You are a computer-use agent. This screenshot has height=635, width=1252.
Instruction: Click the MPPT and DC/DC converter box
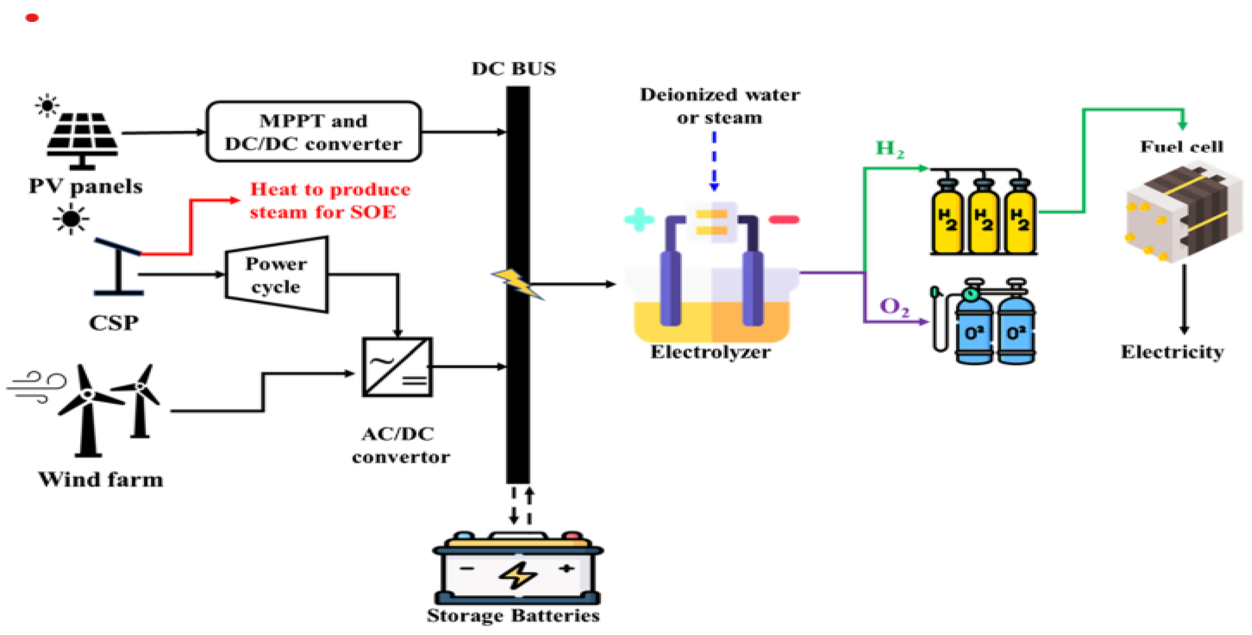(313, 131)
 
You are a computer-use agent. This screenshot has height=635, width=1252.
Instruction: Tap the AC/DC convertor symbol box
(397, 367)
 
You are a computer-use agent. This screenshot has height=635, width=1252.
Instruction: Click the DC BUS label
(513, 69)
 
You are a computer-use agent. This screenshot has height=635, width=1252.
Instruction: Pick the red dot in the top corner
(32, 18)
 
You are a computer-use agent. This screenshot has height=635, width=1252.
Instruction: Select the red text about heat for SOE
(330, 200)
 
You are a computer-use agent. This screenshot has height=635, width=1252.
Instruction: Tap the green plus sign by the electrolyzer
(639, 219)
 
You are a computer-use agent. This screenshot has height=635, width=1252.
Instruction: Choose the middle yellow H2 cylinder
(984, 219)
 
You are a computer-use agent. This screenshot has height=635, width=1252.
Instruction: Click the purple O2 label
(894, 307)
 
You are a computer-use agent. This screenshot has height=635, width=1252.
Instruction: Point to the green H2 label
(889, 148)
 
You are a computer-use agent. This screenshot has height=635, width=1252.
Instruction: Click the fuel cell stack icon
(1183, 215)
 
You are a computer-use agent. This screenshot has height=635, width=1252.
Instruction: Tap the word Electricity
(1172, 351)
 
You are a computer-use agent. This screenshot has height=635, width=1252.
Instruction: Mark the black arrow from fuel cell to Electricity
(1184, 299)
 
